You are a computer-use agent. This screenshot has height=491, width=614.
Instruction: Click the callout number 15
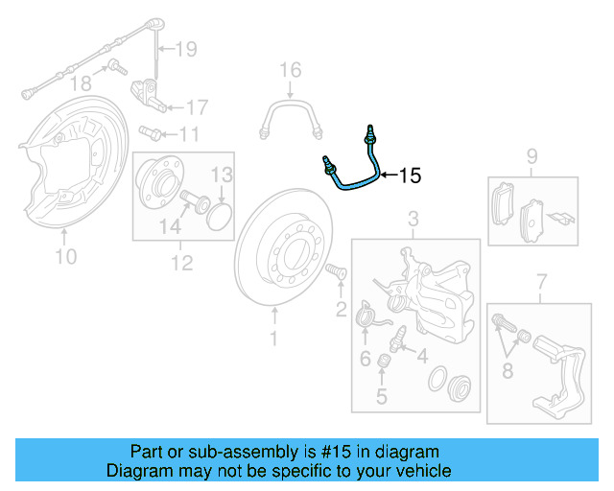pyautogui.click(x=410, y=175)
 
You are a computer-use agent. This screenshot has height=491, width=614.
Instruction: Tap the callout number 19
pyautogui.click(x=185, y=48)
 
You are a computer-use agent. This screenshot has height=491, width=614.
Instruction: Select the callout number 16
pyautogui.click(x=290, y=70)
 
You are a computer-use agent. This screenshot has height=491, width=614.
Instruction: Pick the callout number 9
pyautogui.click(x=531, y=156)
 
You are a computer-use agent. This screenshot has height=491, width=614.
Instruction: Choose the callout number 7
pyautogui.click(x=541, y=280)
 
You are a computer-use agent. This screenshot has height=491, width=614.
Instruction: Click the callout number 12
pyautogui.click(x=181, y=261)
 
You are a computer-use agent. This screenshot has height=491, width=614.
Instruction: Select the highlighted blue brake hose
pyautogui.click(x=353, y=176)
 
